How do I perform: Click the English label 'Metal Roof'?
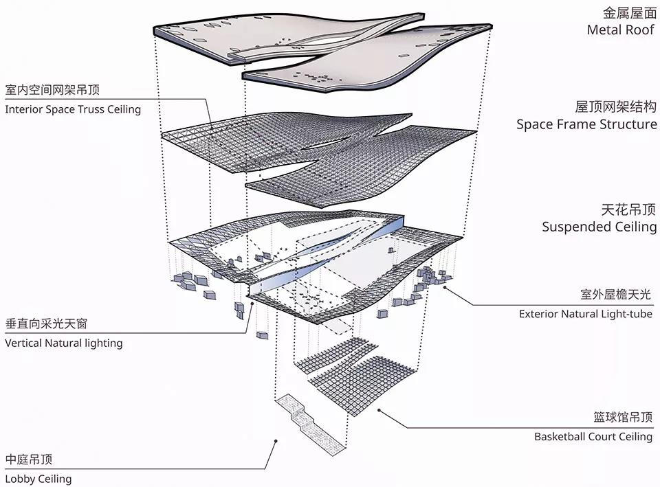point(620,30)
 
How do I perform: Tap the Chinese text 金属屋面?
point(629,13)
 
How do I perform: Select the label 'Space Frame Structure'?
point(586,124)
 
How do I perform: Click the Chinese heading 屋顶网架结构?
point(616,107)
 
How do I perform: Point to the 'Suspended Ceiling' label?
point(599,227)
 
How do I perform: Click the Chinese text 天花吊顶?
point(628,209)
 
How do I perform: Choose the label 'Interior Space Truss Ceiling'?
point(73,109)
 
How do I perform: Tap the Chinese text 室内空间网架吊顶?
point(52,90)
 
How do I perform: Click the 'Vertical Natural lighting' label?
point(63,343)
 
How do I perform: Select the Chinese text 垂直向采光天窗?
point(46,324)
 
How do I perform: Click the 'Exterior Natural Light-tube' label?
point(586,314)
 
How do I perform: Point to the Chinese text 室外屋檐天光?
point(615,295)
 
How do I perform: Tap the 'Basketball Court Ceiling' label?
point(593,437)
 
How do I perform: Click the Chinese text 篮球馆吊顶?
point(623,417)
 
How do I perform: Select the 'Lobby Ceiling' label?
point(38,479)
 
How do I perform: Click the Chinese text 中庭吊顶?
point(29,460)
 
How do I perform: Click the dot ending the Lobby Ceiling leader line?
point(276,441)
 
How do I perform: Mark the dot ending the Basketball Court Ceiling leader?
point(379,410)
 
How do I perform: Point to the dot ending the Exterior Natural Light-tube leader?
point(445,288)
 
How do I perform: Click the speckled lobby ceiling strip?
point(310,424)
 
